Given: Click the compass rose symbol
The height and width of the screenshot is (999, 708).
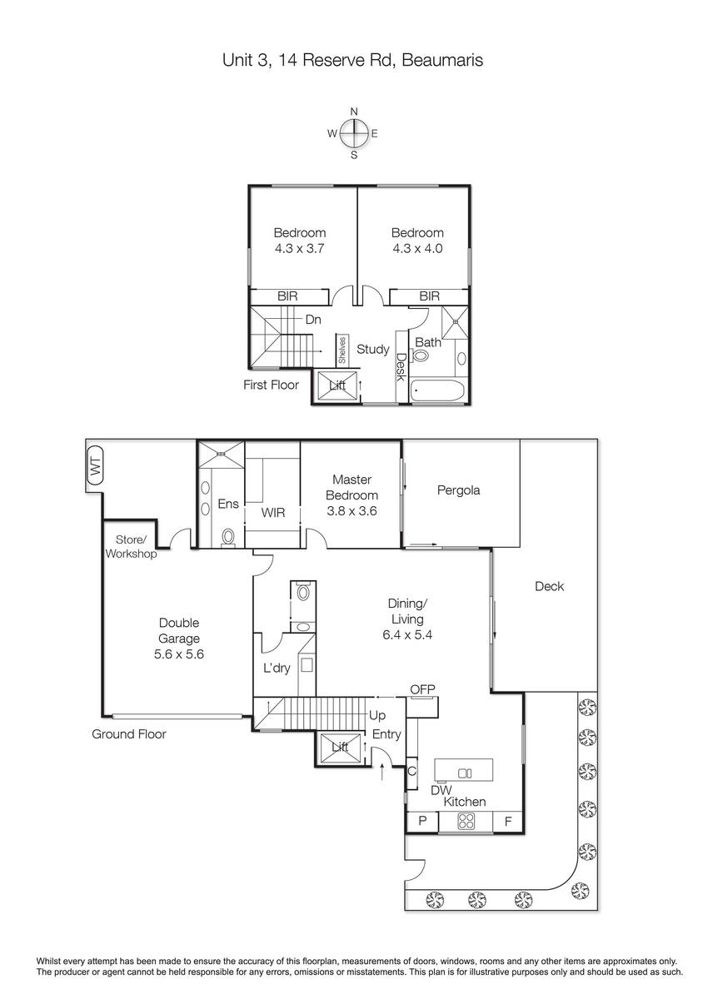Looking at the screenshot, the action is point(354,133).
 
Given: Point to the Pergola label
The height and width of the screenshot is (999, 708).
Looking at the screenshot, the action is point(458,490).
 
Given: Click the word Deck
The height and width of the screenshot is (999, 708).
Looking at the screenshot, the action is point(549,586).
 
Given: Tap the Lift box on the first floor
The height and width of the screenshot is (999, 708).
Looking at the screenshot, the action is point(337,385).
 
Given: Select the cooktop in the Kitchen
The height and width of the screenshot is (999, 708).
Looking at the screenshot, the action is point(466,821).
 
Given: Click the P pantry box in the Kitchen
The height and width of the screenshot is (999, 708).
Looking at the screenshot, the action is point(422,821).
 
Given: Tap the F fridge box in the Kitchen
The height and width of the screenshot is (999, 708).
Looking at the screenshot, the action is point(508,821).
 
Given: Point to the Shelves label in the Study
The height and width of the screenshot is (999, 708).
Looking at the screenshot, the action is point(342,350).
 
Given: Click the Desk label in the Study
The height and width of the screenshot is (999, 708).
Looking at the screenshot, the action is point(401,367).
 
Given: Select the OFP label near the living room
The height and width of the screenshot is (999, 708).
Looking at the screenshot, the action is point(422,689).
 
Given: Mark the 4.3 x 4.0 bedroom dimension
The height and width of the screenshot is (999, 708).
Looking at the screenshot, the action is point(417,248).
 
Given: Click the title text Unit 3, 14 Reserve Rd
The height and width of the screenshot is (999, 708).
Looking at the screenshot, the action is point(308,60).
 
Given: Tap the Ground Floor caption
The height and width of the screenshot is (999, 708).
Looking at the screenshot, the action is point(129,734).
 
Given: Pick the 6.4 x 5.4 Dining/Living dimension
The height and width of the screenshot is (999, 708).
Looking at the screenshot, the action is point(407,634).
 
